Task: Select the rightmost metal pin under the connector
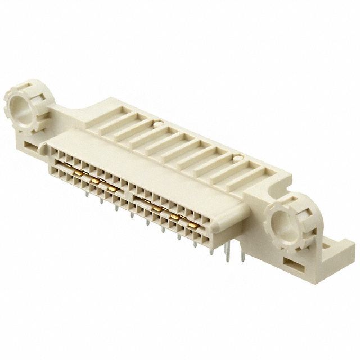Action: tap(242, 256)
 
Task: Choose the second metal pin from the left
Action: tap(101, 200)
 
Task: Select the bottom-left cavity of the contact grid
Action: tap(53, 166)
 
